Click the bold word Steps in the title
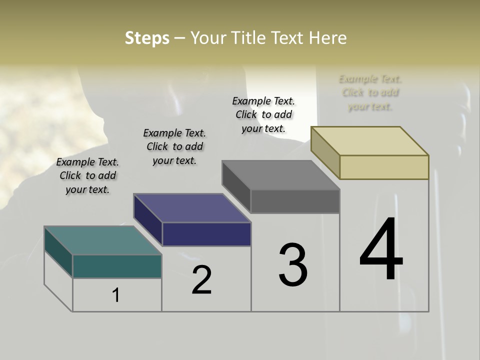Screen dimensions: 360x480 coord(147,38)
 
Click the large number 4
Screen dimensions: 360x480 coord(381,250)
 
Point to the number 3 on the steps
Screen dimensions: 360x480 coord(293,265)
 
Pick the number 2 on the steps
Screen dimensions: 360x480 coord(201,280)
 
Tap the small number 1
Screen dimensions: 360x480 coord(116,295)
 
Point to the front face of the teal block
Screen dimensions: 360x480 coord(117,266)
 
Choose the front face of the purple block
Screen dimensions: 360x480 coord(206,234)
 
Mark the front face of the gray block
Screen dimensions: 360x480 coord(295,201)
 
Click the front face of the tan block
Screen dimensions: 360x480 coord(384,167)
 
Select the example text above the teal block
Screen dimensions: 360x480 coord(87,175)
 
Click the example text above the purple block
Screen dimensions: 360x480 coord(174,146)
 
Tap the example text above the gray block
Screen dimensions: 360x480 coord(263,114)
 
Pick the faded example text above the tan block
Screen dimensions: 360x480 coord(370,92)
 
